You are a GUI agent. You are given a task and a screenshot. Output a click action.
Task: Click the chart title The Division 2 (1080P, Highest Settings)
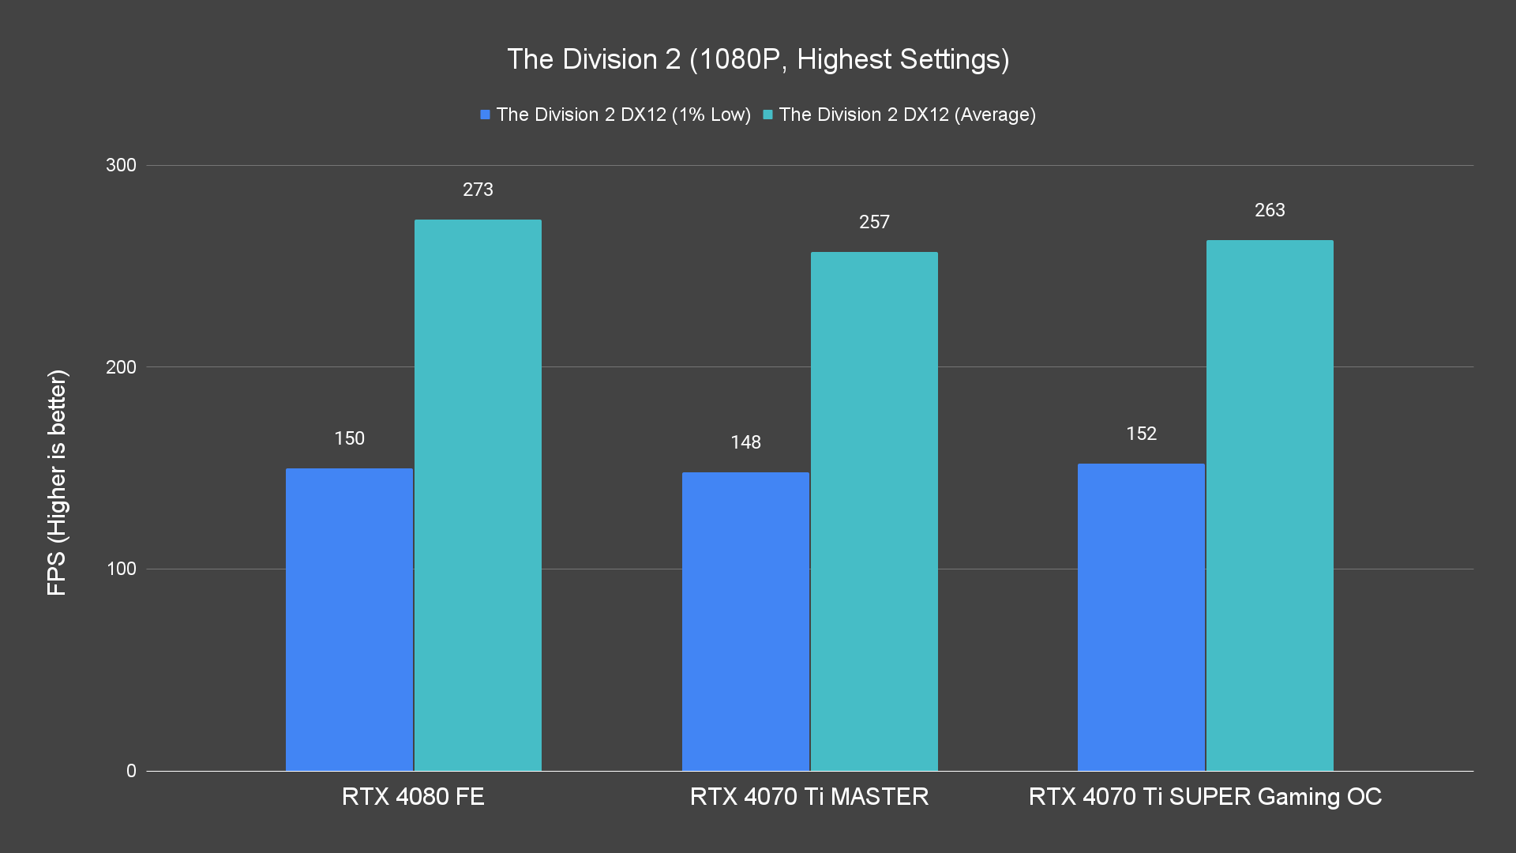[758, 59]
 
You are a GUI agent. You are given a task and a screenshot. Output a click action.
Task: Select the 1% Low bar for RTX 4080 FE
[349, 619]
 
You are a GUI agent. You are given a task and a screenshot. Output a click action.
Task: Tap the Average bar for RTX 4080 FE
[478, 495]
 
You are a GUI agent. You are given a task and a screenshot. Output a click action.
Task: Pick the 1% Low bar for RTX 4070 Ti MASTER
[745, 622]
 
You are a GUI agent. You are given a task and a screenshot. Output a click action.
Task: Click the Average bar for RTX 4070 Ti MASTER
[874, 511]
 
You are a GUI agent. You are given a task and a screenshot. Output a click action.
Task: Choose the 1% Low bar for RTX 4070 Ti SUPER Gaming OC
[1141, 617]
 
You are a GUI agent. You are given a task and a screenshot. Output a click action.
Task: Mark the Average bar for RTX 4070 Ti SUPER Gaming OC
[1270, 505]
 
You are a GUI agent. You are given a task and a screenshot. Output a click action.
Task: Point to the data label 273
[478, 190]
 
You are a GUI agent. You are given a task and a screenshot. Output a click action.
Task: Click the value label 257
[874, 222]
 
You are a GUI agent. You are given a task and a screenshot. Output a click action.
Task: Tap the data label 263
[1270, 210]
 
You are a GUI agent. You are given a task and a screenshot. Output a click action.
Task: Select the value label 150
[349, 438]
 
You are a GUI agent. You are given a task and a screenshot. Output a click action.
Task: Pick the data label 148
[745, 442]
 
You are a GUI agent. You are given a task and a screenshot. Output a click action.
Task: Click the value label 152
[1141, 434]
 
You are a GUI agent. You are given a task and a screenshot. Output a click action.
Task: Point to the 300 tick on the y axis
[121, 165]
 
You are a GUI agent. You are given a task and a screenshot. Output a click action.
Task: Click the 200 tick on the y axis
[121, 367]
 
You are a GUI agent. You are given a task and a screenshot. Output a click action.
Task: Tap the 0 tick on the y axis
[131, 771]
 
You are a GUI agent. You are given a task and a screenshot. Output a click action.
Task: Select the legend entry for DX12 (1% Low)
[616, 115]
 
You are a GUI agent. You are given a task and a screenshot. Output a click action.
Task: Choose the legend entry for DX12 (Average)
[899, 115]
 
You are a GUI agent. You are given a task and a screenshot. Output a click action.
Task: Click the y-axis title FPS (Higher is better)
[57, 482]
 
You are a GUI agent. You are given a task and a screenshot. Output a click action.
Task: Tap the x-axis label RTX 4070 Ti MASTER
[809, 796]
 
